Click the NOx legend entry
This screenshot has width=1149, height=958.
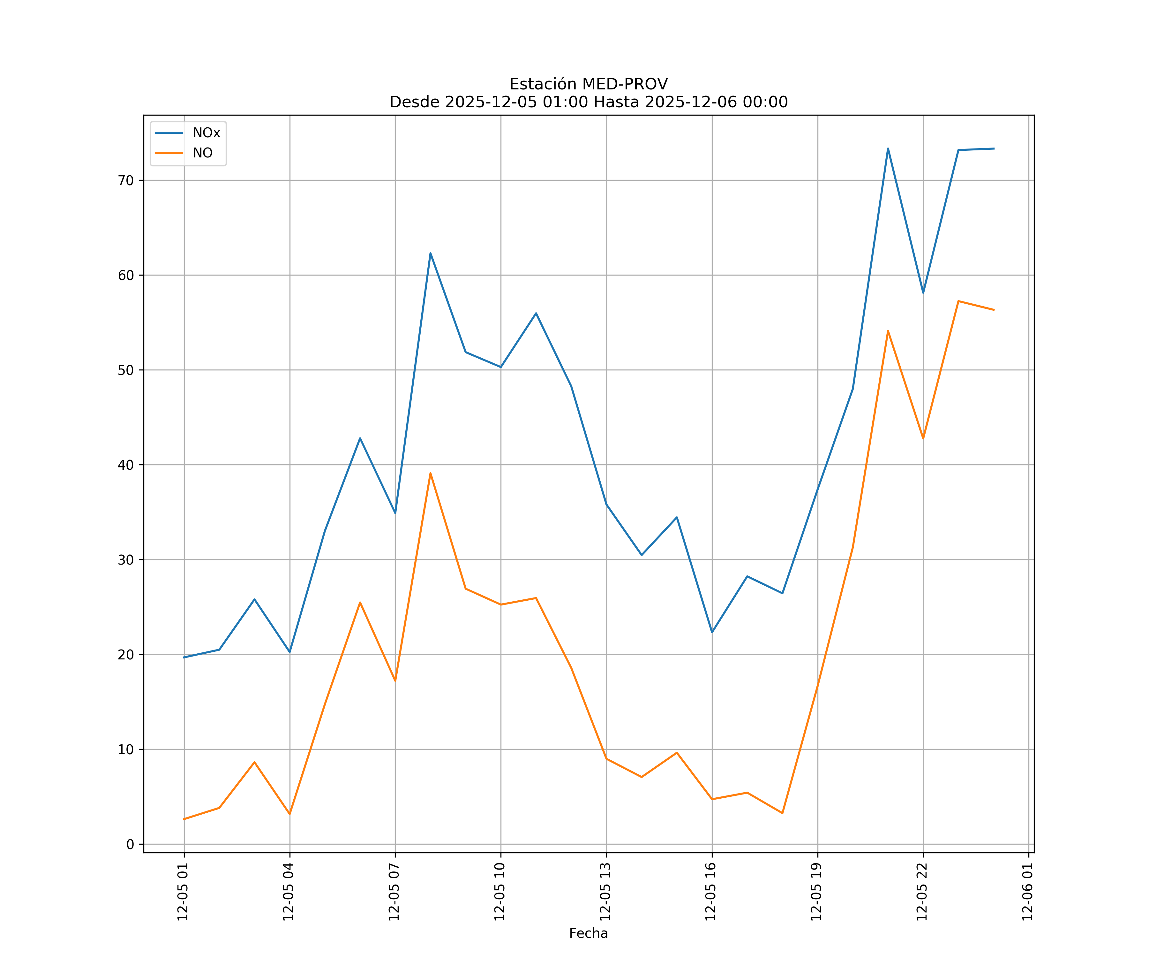click(206, 133)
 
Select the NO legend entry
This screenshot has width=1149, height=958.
click(202, 153)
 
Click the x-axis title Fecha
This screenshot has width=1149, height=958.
click(588, 933)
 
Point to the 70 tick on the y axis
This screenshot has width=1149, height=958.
click(126, 181)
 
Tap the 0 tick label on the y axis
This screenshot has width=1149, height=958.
click(130, 845)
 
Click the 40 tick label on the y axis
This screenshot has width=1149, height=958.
click(126, 465)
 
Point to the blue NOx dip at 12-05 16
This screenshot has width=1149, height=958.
click(712, 632)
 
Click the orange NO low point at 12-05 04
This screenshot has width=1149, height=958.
click(289, 814)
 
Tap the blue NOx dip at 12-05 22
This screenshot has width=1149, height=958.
click(923, 293)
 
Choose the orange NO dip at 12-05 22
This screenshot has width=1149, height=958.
click(923, 438)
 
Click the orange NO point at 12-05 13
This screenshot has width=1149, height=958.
click(606, 759)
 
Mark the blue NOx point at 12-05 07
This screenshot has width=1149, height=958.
click(395, 513)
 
